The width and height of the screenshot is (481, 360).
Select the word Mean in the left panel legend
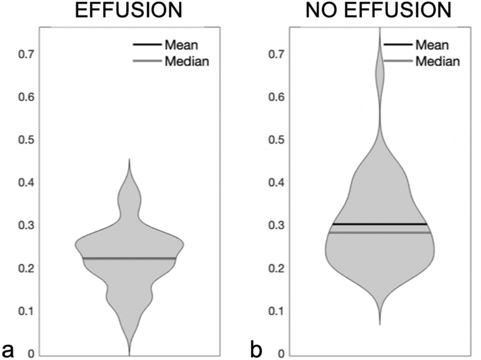[x=182, y=45]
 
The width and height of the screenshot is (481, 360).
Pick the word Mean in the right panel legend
[x=432, y=45]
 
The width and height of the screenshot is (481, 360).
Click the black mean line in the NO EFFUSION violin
[x=380, y=224]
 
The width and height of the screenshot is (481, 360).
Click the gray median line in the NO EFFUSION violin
[x=380, y=232]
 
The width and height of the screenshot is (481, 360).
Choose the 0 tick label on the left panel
[x=29, y=354]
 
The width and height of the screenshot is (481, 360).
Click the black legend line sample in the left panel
[x=146, y=45]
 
